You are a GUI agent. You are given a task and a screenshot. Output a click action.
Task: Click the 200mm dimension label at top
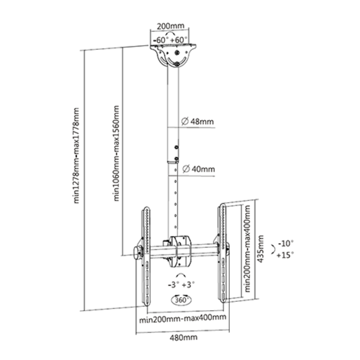tap(171, 26)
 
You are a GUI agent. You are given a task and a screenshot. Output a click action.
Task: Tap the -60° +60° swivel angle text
tap(171, 40)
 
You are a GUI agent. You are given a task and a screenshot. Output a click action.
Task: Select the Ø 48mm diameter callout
tap(197, 121)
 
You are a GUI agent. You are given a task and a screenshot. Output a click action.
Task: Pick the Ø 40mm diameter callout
tap(198, 169)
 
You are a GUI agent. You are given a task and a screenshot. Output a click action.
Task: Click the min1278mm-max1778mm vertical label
tap(76, 156)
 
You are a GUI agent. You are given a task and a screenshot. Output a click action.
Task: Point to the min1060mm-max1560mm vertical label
tap(116, 153)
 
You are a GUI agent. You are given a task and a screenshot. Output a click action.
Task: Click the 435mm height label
tap(260, 249)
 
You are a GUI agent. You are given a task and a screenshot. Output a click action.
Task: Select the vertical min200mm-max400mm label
tap(247, 249)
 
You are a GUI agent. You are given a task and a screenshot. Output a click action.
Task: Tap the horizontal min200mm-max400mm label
tap(183, 318)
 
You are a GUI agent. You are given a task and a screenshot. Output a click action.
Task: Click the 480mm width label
tap(183, 337)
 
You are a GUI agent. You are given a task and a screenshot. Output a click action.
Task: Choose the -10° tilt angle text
tap(286, 243)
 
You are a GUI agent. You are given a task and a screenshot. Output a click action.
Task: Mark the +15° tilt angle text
tap(285, 255)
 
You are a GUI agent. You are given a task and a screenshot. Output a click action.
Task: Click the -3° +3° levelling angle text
tap(181, 285)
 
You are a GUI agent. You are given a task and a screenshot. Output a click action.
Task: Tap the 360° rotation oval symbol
tap(181, 300)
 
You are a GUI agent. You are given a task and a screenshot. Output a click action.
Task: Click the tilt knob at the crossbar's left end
tap(138, 253)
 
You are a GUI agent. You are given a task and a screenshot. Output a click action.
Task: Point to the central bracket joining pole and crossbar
tap(180, 251)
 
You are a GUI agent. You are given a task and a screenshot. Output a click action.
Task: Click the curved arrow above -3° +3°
tap(181, 275)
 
